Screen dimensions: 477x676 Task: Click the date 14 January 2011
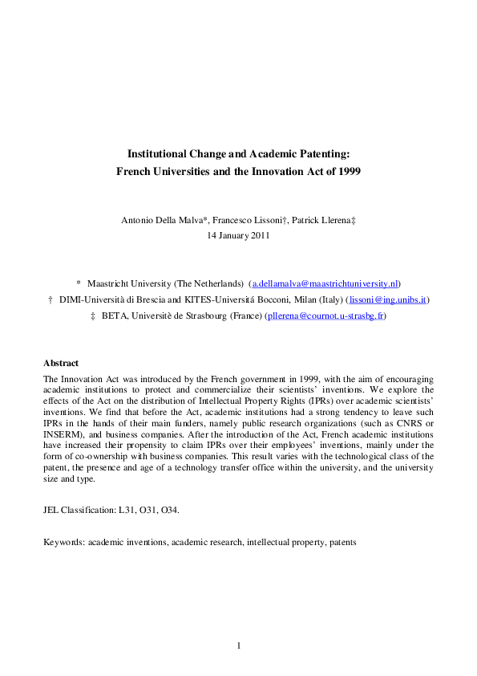pyautogui.click(x=238, y=236)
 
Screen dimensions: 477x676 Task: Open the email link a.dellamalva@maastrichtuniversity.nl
pyautogui.click(x=325, y=283)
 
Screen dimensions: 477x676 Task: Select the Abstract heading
pyautogui.click(x=61, y=363)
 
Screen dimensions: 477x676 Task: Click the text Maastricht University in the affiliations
pyautogui.click(x=125, y=283)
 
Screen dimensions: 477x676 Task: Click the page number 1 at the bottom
pyautogui.click(x=238, y=645)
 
